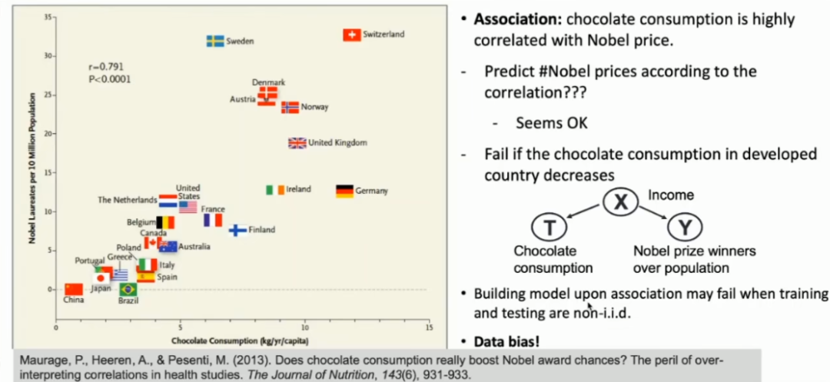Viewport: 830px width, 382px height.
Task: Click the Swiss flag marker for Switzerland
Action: click(351, 35)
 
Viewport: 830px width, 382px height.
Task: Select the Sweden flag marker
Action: click(215, 41)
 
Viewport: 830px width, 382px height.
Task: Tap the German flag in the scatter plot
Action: click(344, 191)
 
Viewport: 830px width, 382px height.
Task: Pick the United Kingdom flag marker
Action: click(297, 143)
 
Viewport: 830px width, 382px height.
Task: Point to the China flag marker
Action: click(73, 289)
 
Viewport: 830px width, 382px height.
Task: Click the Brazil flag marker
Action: click(128, 290)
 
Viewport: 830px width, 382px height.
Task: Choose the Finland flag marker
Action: click(238, 230)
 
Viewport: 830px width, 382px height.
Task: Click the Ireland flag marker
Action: click(275, 190)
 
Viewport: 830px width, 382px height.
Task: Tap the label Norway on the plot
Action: click(314, 108)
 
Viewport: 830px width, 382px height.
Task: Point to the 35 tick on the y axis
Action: click(48, 17)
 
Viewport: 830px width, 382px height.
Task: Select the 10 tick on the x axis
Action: click(304, 327)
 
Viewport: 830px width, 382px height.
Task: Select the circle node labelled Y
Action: click(683, 228)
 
